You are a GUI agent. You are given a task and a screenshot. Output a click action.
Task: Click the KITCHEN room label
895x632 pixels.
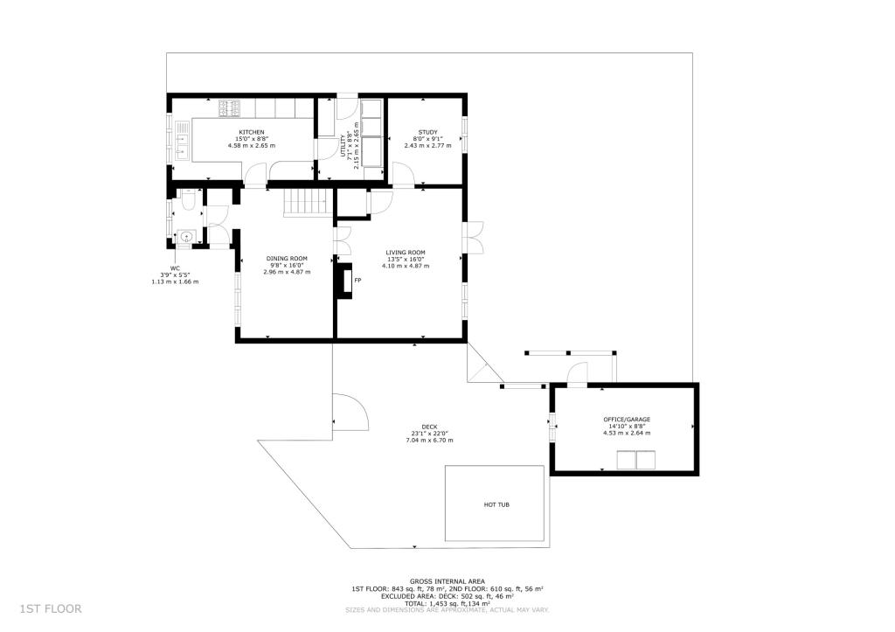click(x=252, y=132)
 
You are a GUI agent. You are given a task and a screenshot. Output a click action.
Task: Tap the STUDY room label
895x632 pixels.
click(x=427, y=132)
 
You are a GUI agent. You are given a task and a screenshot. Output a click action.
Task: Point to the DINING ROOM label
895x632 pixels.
click(x=287, y=258)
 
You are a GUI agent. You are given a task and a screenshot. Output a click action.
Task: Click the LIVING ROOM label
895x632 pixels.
click(x=405, y=252)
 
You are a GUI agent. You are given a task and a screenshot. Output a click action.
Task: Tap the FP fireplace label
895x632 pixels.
click(x=358, y=281)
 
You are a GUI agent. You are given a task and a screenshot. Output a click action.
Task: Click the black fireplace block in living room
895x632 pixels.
click(x=344, y=281)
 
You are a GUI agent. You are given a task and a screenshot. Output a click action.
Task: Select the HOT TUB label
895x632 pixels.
click(x=496, y=504)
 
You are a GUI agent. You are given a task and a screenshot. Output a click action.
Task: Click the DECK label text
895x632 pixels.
click(x=428, y=427)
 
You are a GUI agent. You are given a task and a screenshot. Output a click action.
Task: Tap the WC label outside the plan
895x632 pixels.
click(x=175, y=268)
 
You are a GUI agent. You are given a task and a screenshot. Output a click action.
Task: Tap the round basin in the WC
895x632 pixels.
click(x=185, y=236)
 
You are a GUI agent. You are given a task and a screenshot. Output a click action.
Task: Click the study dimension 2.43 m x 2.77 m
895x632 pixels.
click(x=427, y=145)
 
